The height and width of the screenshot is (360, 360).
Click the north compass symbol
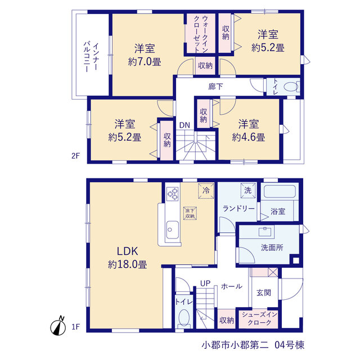coord(57,326)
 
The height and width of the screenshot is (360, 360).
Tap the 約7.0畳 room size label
coord(145,62)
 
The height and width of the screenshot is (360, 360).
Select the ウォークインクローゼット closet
coord(201,34)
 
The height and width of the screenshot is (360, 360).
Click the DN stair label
coord(184,125)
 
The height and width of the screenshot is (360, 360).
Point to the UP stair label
coord(205,283)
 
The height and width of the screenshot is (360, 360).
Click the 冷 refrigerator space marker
coord(206,190)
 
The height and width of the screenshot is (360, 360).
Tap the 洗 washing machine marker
coord(248,190)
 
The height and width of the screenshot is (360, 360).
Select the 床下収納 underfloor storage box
coord(190,213)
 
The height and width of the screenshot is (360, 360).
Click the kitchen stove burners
coord(173,194)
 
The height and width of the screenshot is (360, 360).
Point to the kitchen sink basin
coord(173,230)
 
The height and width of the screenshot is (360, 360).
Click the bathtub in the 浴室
coord(280,191)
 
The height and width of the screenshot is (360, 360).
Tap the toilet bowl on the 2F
coord(291,87)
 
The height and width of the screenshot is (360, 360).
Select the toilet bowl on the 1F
coord(184,318)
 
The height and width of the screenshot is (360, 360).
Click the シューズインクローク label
coord(259,318)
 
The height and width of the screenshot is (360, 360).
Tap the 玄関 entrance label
coord(264,292)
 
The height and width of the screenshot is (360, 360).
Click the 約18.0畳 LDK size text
coord(128,264)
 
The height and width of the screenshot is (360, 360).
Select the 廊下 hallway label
coord(215,87)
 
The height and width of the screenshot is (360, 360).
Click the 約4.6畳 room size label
coord(249,137)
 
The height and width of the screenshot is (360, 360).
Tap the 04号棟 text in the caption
coord(290,345)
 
